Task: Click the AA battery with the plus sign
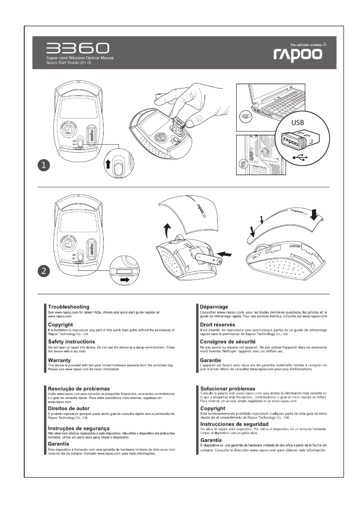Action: (x=209, y=260)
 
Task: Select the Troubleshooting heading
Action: (x=68, y=307)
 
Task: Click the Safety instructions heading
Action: (x=75, y=342)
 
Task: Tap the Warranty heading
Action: (x=61, y=360)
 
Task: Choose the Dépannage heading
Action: (x=214, y=307)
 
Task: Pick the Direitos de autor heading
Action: (x=69, y=408)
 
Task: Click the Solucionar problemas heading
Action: (x=228, y=388)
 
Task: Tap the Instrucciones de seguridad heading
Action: (x=234, y=424)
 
